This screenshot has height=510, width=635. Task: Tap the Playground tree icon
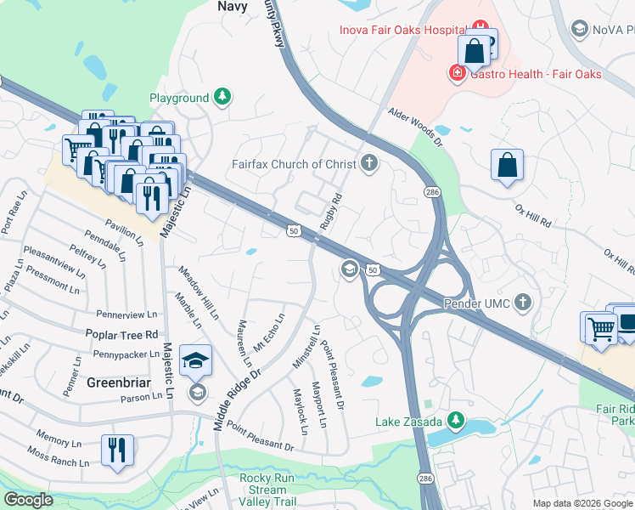tap(222, 98)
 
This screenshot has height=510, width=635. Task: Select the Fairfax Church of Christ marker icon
tap(368, 163)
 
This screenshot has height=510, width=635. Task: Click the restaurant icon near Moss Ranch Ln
tap(117, 449)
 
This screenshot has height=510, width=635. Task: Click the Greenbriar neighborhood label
tap(119, 383)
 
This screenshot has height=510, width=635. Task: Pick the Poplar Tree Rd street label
tap(121, 335)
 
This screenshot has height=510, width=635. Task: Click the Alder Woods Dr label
tap(416, 127)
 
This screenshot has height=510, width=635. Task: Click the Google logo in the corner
tap(28, 500)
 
